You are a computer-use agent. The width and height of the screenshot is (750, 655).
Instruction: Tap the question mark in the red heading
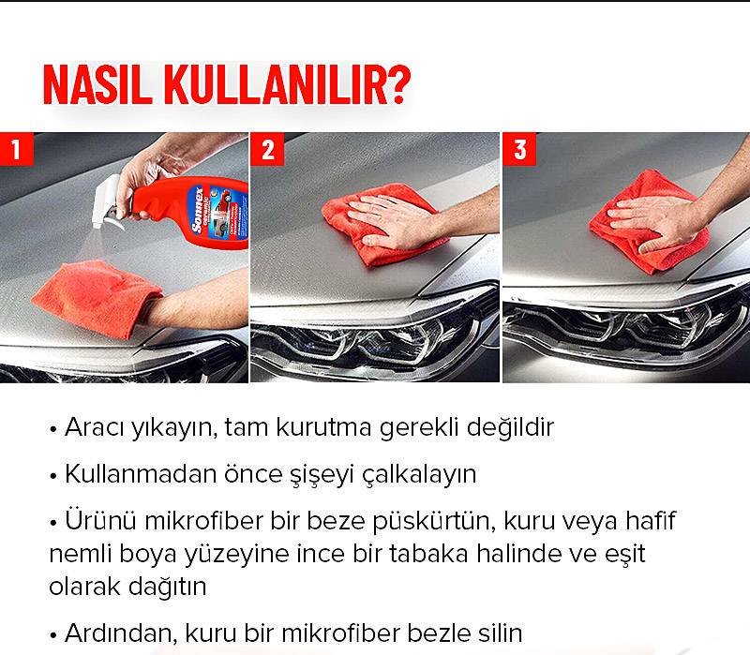(397, 84)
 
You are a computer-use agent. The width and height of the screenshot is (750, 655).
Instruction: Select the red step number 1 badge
(16, 149)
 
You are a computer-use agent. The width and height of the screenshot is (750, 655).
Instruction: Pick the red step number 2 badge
(267, 149)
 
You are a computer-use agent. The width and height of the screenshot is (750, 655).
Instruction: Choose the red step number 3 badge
(519, 149)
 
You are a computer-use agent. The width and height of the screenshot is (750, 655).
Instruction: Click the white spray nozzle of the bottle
(106, 201)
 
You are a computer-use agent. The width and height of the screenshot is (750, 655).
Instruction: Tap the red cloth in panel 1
(97, 297)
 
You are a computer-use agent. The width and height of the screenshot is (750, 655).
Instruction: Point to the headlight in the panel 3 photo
(622, 330)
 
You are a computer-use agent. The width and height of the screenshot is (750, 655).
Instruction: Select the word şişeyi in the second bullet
(322, 475)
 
